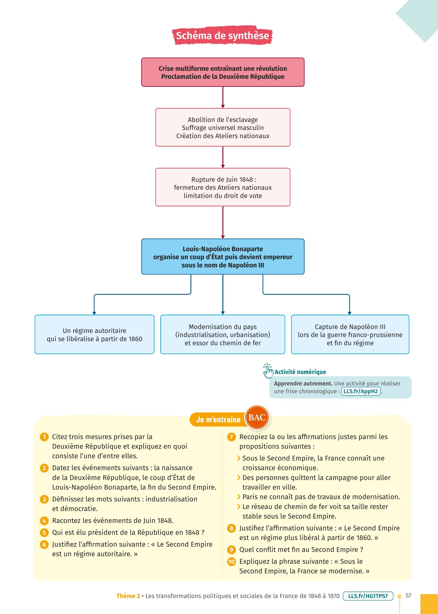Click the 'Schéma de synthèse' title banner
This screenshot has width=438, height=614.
[x=222, y=36]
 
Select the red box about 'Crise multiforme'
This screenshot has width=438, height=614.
[x=223, y=72]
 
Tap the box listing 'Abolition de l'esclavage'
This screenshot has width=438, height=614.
[x=223, y=127]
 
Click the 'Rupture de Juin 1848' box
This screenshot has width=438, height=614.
[x=223, y=187]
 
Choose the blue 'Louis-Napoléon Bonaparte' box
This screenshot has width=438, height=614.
[x=223, y=257]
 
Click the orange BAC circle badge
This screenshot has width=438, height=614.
[x=257, y=418]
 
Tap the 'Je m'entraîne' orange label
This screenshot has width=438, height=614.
[x=218, y=420]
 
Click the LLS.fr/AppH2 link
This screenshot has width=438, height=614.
[x=361, y=391]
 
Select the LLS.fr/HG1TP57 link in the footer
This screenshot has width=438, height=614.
[x=368, y=596]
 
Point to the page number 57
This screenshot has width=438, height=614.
[x=408, y=595]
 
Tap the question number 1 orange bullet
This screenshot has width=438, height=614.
[x=44, y=437]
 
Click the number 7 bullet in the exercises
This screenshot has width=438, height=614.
[x=231, y=437]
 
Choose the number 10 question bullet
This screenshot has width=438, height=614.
[x=231, y=562]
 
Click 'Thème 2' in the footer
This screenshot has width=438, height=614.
[x=128, y=596]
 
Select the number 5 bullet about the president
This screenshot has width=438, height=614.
[x=44, y=532]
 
